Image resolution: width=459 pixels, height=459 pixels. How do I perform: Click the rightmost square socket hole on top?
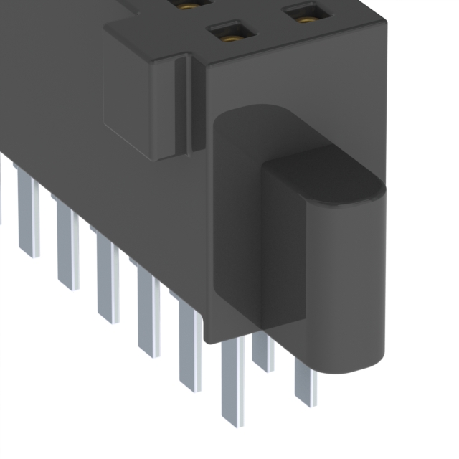308,12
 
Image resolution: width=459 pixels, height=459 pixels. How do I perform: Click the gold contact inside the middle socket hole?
230,34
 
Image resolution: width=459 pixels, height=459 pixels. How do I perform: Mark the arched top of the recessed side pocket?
251,118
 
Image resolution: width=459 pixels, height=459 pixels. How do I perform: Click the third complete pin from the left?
108,283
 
